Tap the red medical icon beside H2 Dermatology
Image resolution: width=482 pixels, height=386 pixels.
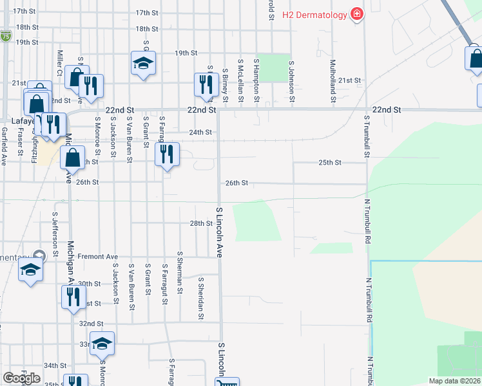tap(355, 14)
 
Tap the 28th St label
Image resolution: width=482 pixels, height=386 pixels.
tap(200, 223)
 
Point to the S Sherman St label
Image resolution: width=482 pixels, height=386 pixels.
tap(179, 273)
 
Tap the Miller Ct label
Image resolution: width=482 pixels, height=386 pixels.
tap(59, 62)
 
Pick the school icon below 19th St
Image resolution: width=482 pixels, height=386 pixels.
tap(143, 62)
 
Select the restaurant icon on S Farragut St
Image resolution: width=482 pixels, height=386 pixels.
tap(167, 154)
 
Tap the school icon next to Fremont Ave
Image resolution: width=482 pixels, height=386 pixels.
tap(30, 270)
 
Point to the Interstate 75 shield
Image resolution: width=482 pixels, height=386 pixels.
tap(5, 35)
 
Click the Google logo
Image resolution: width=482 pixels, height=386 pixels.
tap(21, 378)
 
